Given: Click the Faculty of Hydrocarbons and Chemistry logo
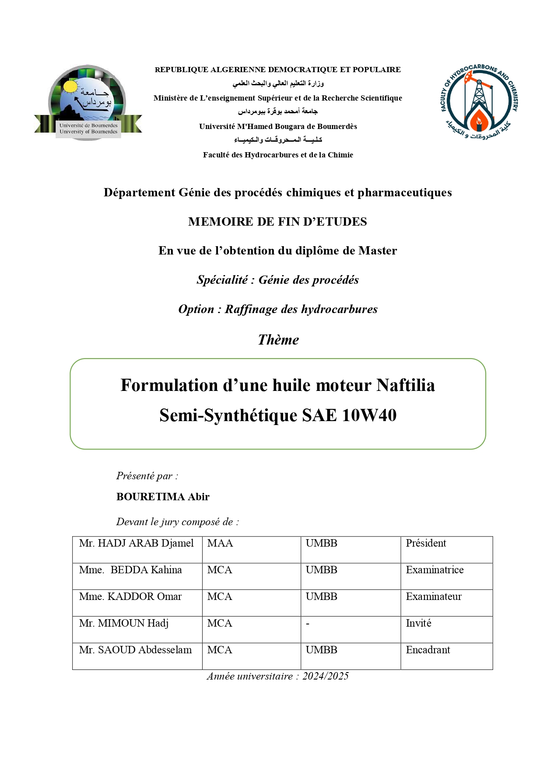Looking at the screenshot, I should [479, 103].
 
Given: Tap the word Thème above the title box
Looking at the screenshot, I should [278, 340].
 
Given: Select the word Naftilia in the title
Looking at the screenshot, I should [406, 385].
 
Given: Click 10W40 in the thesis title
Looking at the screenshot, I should [369, 415].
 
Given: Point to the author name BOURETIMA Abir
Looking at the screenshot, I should [163, 497].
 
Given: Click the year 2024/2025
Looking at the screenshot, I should [326, 676].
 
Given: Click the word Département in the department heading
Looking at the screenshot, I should [139, 192].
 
